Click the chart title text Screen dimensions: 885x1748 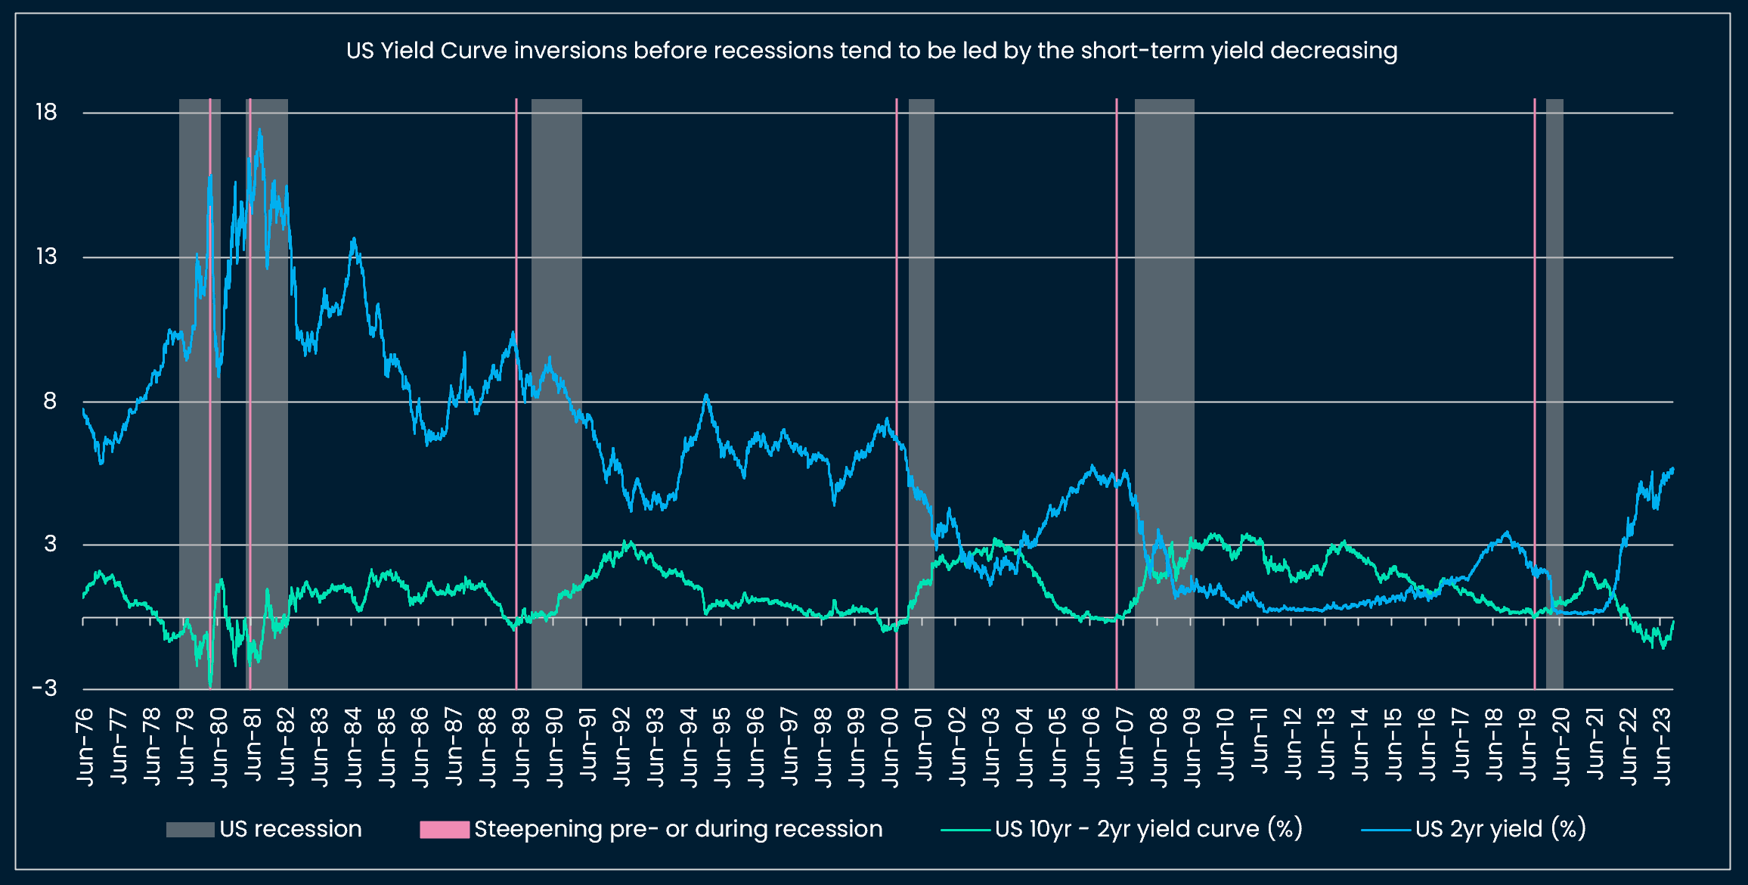pos(872,51)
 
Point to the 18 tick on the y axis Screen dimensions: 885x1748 pos(46,112)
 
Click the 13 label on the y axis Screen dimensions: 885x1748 pos(46,256)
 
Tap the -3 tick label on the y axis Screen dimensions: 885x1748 pos(45,688)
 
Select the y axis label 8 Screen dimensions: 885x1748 pos(50,401)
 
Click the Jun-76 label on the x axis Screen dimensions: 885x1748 pos(85,747)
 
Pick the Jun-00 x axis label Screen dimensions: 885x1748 pos(890,747)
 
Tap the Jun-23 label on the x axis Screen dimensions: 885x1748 pos(1662,747)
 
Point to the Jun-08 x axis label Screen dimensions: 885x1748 pos(1158,747)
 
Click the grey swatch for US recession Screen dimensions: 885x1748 pos(190,829)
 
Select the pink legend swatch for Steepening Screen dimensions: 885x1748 pos(445,829)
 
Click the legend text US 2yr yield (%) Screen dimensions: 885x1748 pos(1500,829)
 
